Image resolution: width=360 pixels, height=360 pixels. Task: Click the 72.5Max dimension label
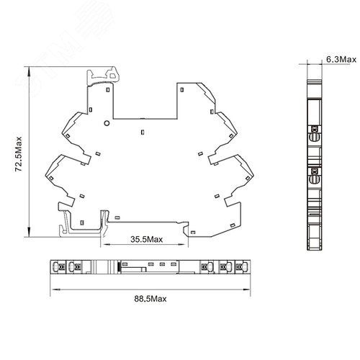click(19, 154)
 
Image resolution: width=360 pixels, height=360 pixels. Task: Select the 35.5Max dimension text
click(147, 239)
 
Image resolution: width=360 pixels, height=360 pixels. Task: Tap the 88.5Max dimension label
click(150, 299)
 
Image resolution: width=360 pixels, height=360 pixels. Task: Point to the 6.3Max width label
click(341, 59)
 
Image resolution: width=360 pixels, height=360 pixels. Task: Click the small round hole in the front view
click(107, 123)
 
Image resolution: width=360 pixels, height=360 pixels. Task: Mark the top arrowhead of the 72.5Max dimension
click(29, 71)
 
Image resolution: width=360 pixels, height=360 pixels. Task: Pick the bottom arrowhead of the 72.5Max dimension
click(29, 232)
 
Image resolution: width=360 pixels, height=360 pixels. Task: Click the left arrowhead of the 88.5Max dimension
click(55, 289)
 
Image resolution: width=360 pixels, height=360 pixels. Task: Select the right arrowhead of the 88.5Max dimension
click(246, 289)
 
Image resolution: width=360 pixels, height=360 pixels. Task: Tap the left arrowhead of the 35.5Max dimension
click(105, 245)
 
